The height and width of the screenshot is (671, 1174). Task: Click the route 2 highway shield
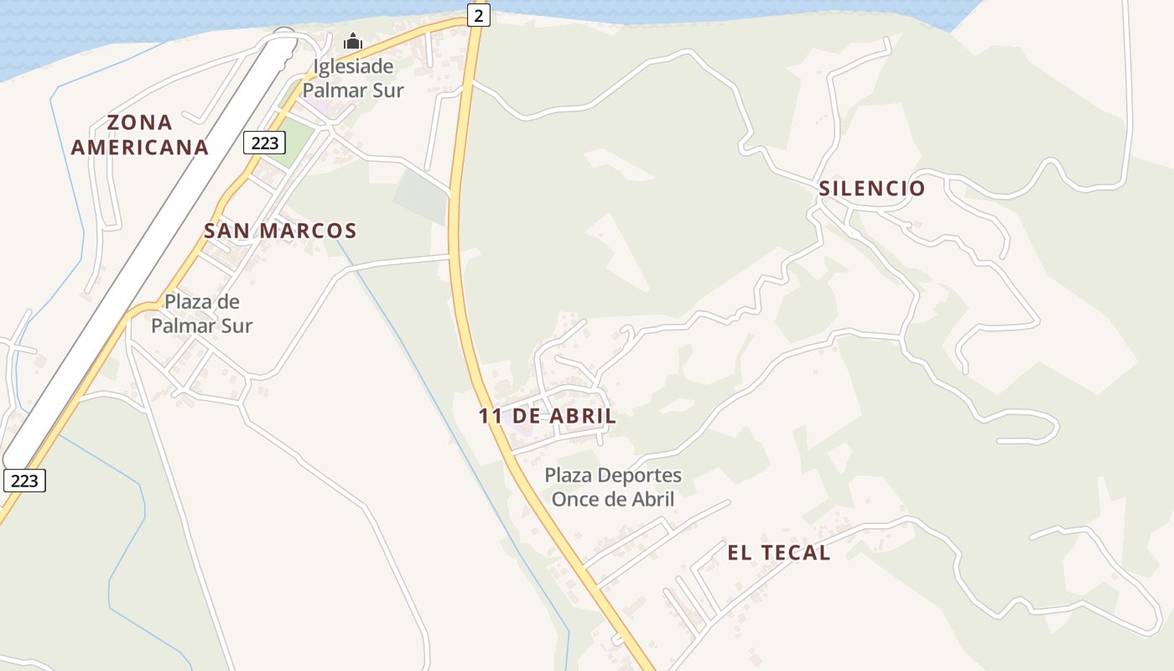tap(478, 15)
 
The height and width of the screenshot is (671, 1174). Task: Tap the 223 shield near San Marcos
tap(265, 143)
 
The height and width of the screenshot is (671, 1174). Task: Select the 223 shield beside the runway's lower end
tap(24, 481)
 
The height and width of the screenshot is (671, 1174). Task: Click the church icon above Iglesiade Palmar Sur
tap(353, 41)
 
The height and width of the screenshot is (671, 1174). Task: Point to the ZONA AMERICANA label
tap(140, 135)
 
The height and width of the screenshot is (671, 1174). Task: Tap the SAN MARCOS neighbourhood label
tap(280, 231)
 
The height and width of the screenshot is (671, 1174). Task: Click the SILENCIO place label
tap(872, 188)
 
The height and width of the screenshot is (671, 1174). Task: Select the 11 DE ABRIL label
tap(548, 415)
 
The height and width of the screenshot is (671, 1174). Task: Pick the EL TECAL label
tap(779, 552)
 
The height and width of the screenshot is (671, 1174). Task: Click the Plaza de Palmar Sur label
tap(201, 313)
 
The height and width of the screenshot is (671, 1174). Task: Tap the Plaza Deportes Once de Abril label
tap(613, 487)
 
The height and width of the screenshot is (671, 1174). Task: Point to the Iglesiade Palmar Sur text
tap(353, 78)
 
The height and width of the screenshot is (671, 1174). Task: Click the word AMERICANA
tap(140, 147)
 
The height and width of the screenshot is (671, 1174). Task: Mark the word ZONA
tap(140, 122)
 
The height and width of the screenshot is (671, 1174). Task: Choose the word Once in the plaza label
tap(573, 499)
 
